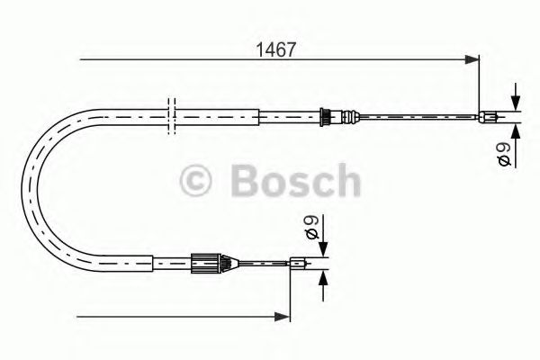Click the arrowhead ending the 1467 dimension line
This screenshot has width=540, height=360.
[x=472, y=60]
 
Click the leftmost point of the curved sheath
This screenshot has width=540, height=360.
[x=37, y=188]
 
